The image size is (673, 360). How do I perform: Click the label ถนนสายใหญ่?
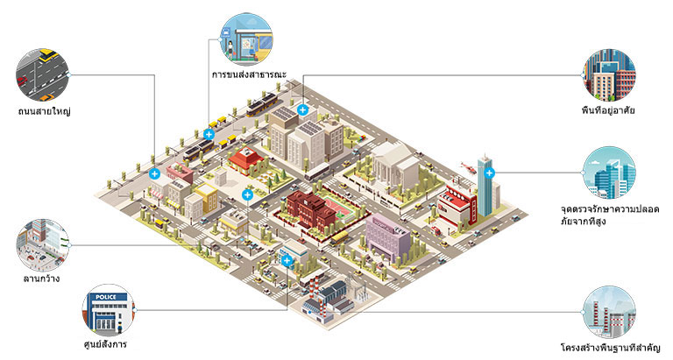(x=44, y=111)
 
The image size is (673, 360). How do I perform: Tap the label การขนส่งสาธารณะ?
(x=250, y=74)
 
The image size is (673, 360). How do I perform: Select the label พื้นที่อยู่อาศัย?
(x=608, y=110)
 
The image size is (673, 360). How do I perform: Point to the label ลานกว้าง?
(x=41, y=279)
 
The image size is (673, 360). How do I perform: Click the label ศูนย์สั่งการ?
(x=105, y=344)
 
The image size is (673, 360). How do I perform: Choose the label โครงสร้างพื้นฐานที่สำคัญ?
(x=610, y=347)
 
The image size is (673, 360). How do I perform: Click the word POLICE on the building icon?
(x=105, y=297)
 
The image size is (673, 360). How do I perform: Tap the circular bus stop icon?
(x=246, y=39)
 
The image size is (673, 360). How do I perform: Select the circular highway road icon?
(x=42, y=74)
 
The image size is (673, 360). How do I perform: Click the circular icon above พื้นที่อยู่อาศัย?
(x=609, y=75)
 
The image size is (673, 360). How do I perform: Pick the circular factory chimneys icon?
(x=609, y=313)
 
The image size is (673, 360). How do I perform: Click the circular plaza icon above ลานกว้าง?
(x=42, y=245)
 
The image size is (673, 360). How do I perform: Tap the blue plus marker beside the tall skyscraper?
(x=489, y=173)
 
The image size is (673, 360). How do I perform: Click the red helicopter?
(x=468, y=167)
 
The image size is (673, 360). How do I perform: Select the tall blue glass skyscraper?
(x=484, y=186)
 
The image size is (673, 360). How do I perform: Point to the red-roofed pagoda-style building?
(x=246, y=159)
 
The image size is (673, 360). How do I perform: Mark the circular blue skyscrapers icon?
(x=609, y=173)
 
